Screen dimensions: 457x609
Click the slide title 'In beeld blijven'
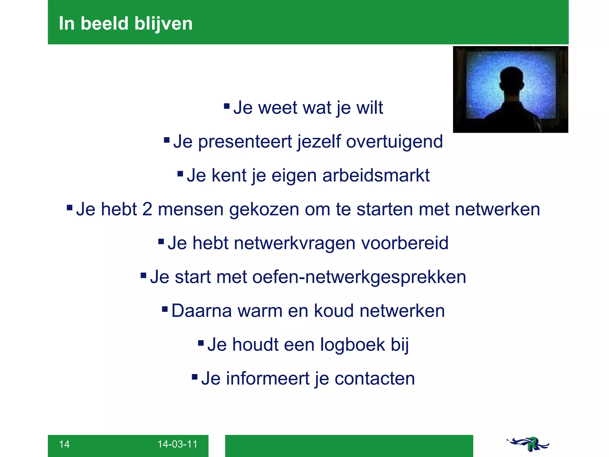125,24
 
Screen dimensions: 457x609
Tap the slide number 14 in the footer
64,444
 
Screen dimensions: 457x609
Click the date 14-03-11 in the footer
177,444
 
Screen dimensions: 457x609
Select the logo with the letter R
528,444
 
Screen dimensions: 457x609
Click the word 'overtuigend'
394,142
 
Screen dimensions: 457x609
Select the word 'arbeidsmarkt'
376,175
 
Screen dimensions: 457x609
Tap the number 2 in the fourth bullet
147,209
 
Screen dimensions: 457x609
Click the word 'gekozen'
264,209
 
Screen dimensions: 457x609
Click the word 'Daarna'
202,311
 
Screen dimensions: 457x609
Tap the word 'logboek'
352,345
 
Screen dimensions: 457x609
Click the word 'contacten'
375,379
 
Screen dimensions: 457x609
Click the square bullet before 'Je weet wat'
227,106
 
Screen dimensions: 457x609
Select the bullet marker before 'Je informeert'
195,377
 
